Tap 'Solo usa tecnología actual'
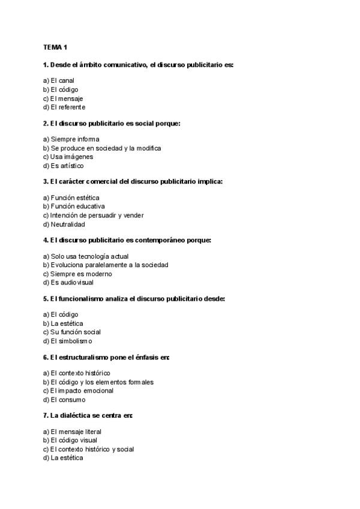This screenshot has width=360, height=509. pyautogui.click(x=86, y=256)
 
